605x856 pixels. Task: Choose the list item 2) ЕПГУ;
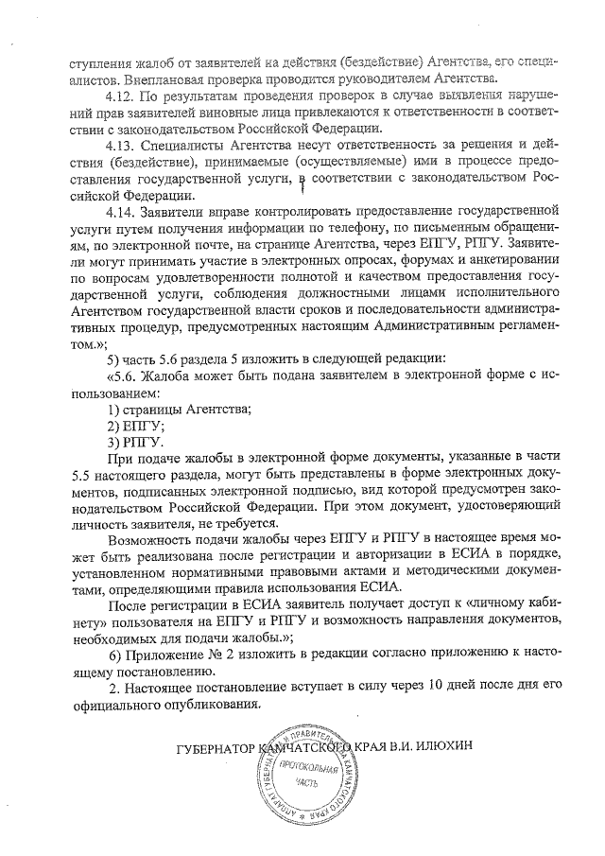coord(134,426)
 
